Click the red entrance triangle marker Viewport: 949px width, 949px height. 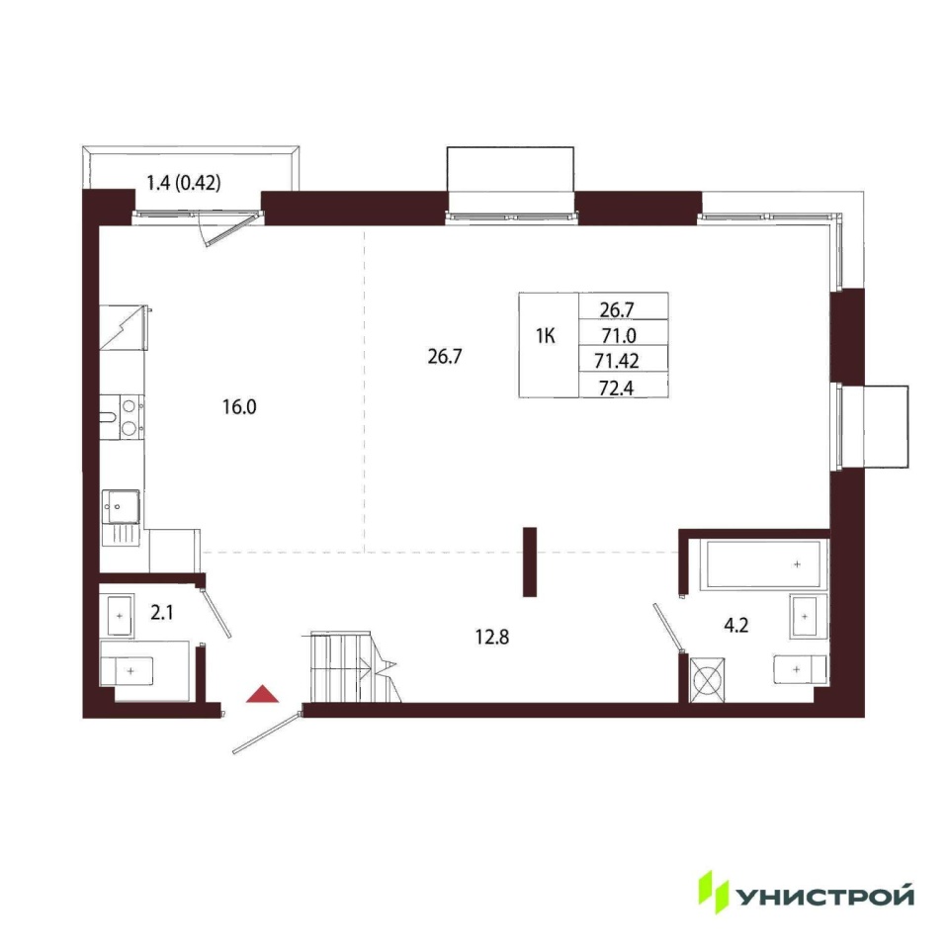(263, 695)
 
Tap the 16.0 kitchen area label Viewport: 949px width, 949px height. (239, 406)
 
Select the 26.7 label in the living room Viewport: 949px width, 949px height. (445, 357)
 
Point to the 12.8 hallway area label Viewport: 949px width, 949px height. (492, 637)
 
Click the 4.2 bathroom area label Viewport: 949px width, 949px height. (735, 625)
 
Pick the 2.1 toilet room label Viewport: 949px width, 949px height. (161, 613)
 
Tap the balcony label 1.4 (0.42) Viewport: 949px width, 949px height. (184, 182)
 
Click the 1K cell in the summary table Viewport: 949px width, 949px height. (546, 335)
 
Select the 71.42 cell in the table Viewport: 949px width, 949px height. (617, 361)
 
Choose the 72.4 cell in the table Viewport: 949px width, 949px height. (617, 388)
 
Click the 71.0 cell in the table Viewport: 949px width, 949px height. (619, 335)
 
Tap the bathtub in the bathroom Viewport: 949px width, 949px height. (764, 564)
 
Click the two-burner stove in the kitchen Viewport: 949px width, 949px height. (130, 416)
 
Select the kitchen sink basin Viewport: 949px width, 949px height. (122, 506)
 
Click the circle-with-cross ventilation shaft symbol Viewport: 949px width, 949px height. (706, 680)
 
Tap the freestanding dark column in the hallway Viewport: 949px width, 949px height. (530, 561)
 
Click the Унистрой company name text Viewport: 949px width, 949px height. (825, 896)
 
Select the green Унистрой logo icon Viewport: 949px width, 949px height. (714, 892)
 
